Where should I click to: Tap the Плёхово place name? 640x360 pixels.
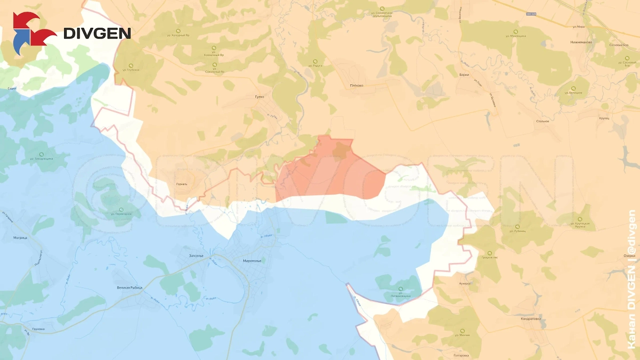click(x=357, y=85)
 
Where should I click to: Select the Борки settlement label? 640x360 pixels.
click(x=464, y=75)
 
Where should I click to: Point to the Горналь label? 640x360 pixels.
click(x=182, y=184)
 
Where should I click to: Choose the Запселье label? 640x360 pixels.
click(x=196, y=256)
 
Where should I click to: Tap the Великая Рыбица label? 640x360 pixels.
click(x=130, y=287)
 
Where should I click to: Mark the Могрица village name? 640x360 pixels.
click(x=20, y=237)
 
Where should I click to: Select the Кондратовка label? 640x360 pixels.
click(x=531, y=319)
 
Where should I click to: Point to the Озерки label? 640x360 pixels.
click(x=629, y=255)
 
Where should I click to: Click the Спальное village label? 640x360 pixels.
click(x=542, y=121)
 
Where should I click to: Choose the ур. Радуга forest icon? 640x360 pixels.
click(x=315, y=61)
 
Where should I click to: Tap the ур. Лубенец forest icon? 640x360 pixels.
click(x=517, y=227)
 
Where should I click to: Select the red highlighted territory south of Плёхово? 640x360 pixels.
click(x=331, y=171)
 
